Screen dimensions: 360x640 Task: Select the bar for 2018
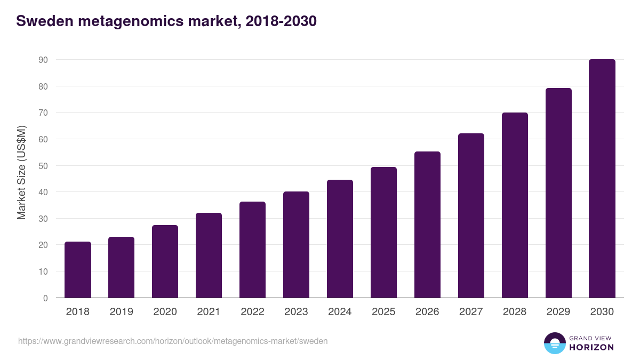pyautogui.click(x=78, y=270)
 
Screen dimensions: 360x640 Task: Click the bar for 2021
pyautogui.click(x=209, y=255)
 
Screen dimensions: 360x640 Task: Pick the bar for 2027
pyautogui.click(x=471, y=215)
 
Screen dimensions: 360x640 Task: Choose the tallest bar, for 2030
pyautogui.click(x=602, y=179)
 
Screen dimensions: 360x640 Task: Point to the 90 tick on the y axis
pyautogui.click(x=43, y=60)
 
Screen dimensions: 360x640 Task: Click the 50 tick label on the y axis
pyautogui.click(x=43, y=166)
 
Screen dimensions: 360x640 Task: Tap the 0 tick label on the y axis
pyautogui.click(x=45, y=298)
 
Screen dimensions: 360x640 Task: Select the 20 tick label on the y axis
pyautogui.click(x=43, y=245)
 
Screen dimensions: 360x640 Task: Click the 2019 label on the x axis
pyautogui.click(x=122, y=312)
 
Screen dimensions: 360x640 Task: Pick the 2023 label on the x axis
pyautogui.click(x=296, y=312)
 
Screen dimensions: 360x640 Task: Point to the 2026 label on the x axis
pyautogui.click(x=427, y=312)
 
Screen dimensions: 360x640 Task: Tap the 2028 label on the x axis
pyautogui.click(x=515, y=312)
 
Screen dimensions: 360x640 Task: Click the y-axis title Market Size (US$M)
pyautogui.click(x=21, y=172)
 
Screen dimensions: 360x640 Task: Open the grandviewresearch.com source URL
pyautogui.click(x=173, y=341)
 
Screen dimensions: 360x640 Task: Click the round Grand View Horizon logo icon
pyautogui.click(x=554, y=343)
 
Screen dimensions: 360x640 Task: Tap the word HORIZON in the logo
pyautogui.click(x=591, y=347)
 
